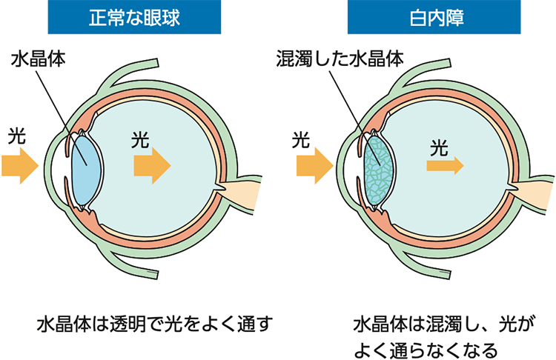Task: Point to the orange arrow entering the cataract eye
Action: [x=312, y=163]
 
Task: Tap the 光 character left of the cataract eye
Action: [x=300, y=138]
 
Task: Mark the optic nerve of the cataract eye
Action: [x=534, y=196]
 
